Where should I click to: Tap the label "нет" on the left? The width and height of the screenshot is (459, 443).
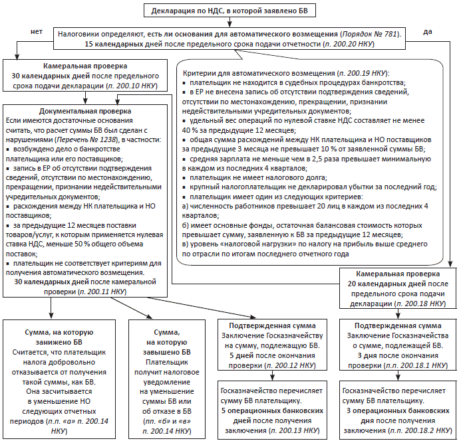point(37,31)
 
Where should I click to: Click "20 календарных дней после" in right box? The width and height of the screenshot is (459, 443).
point(395,284)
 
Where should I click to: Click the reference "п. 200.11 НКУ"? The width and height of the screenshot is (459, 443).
point(103,290)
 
